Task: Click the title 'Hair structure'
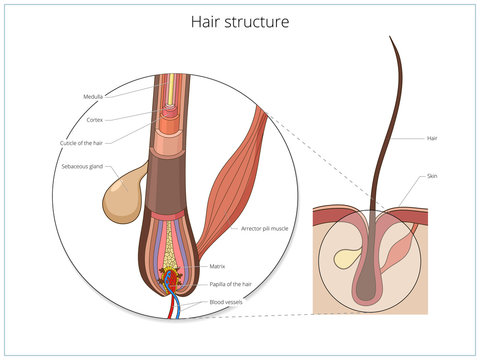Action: pyautogui.click(x=240, y=19)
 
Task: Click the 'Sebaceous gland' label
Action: pyautogui.click(x=81, y=169)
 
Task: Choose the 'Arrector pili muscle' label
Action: pyautogui.click(x=264, y=229)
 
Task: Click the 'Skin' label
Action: pyautogui.click(x=431, y=176)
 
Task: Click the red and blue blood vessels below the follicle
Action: pyautogui.click(x=177, y=304)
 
